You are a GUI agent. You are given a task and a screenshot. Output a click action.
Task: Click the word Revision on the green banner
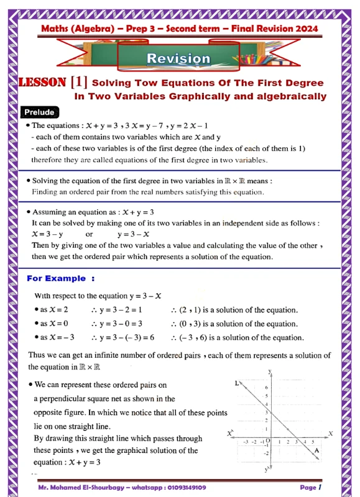178,59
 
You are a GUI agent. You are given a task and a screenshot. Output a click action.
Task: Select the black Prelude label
40,112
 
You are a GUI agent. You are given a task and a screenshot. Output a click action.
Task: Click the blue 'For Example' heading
60,278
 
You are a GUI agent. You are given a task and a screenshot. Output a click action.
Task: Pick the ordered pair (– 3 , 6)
195,338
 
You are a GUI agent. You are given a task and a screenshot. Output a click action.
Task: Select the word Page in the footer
307,488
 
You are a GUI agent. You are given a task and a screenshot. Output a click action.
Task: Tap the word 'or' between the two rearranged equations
90,234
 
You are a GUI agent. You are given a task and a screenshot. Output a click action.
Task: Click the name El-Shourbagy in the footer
96,488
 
